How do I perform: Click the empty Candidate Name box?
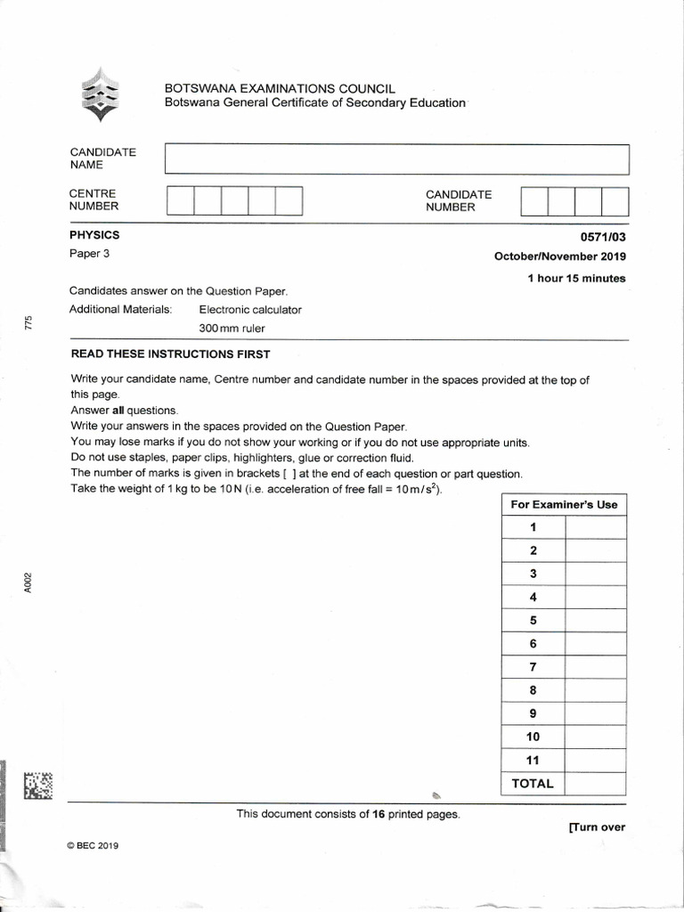(397, 159)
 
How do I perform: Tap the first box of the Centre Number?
(181, 200)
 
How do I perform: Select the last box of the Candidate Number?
(615, 200)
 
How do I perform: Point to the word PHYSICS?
(94, 236)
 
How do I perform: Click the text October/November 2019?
(560, 256)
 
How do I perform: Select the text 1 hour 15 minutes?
(576, 279)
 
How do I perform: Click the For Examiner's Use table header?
(564, 504)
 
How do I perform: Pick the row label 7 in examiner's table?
(533, 667)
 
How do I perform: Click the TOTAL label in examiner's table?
(533, 784)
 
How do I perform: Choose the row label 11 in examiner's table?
(533, 760)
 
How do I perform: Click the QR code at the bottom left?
(38, 784)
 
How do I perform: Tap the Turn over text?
(597, 827)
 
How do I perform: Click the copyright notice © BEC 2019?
(93, 845)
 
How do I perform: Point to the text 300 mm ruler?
(232, 328)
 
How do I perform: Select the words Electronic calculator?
(250, 310)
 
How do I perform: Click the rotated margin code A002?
(28, 582)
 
